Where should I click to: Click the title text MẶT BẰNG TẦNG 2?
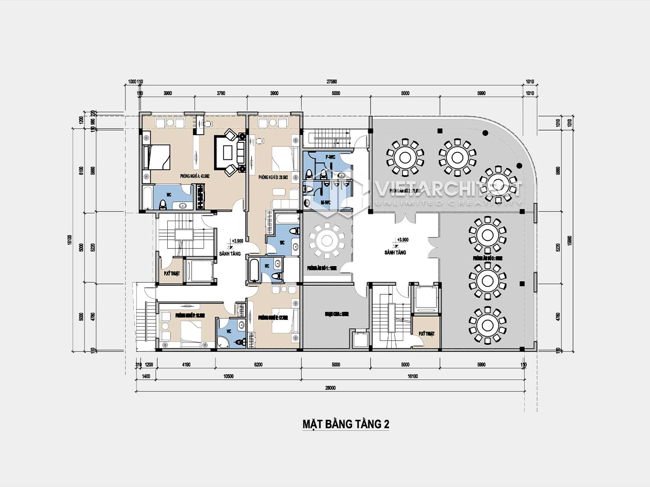coord(346,424)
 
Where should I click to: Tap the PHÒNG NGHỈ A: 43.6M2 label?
coord(195,177)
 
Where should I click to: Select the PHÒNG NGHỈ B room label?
coord(273,177)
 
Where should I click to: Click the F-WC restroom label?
coord(331,157)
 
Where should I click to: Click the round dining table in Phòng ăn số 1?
coord(328,239)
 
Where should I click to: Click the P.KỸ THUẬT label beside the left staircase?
coord(171,273)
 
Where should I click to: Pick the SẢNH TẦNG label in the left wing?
coord(230,254)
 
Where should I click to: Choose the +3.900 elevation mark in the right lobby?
coord(401,240)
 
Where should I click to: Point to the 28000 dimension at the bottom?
coord(330,388)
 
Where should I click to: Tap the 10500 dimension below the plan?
coord(228,376)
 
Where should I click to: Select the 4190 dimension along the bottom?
coord(186,364)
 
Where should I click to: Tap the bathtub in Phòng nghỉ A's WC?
coord(147,197)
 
